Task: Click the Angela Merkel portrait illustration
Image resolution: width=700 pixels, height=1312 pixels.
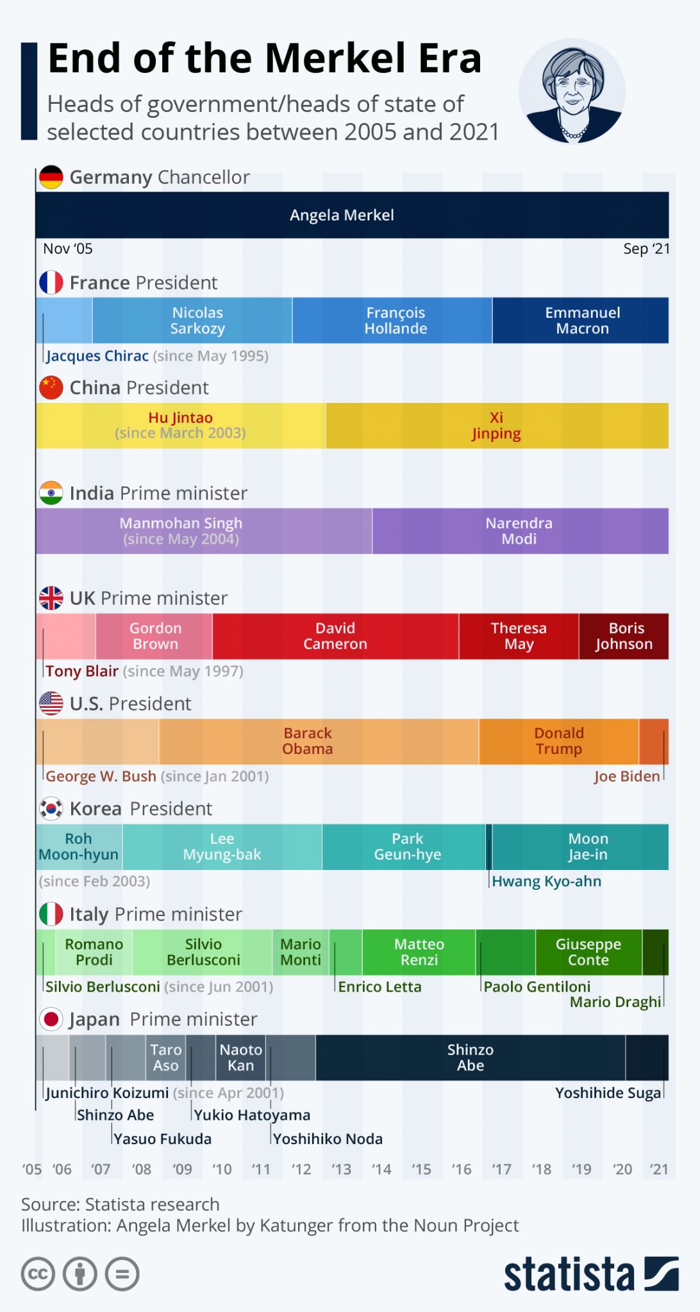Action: click(572, 91)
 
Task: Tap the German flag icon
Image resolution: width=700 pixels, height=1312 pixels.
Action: click(51, 177)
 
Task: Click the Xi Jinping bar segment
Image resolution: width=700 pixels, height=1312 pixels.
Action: click(497, 425)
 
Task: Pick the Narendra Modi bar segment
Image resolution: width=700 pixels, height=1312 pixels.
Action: click(520, 530)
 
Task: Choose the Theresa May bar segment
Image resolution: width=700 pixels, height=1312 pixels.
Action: click(519, 636)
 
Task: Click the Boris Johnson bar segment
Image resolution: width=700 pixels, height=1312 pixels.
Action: click(624, 636)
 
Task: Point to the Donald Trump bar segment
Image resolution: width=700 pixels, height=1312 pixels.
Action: click(558, 741)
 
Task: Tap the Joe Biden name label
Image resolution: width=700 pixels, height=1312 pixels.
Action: click(626, 776)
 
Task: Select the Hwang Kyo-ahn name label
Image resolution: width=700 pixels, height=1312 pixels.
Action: click(546, 881)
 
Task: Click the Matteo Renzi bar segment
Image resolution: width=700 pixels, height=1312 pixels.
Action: click(419, 952)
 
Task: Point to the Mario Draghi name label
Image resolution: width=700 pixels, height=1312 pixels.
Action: click(615, 1002)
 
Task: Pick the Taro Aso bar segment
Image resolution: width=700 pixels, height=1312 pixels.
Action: click(165, 1058)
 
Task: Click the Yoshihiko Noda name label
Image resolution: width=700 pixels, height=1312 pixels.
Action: click(328, 1139)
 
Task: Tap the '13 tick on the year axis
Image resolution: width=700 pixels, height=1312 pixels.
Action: click(341, 1170)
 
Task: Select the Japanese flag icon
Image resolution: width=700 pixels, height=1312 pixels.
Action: click(51, 1019)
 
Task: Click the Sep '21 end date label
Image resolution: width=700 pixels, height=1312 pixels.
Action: click(646, 249)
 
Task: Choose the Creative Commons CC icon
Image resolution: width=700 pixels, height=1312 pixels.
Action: click(38, 1274)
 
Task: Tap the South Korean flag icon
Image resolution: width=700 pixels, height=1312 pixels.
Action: click(51, 808)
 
